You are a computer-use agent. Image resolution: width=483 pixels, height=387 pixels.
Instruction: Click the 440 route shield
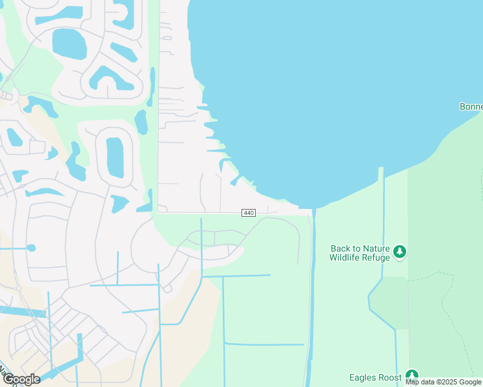click(x=249, y=213)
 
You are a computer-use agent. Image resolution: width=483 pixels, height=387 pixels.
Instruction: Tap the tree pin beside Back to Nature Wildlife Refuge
click(x=400, y=252)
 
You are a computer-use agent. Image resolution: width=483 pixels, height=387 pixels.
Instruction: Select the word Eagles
click(x=363, y=377)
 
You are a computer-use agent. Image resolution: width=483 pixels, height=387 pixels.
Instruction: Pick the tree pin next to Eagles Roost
click(x=412, y=376)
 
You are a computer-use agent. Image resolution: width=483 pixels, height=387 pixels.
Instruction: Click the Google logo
click(x=21, y=379)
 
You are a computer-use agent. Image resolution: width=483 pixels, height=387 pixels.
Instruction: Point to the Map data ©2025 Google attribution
click(x=444, y=382)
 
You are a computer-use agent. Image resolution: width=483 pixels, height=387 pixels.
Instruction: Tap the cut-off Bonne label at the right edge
click(x=471, y=106)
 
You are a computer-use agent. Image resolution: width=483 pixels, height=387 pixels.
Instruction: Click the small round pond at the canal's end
click(x=31, y=248)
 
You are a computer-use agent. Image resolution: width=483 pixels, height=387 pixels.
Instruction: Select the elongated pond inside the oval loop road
click(x=114, y=157)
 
